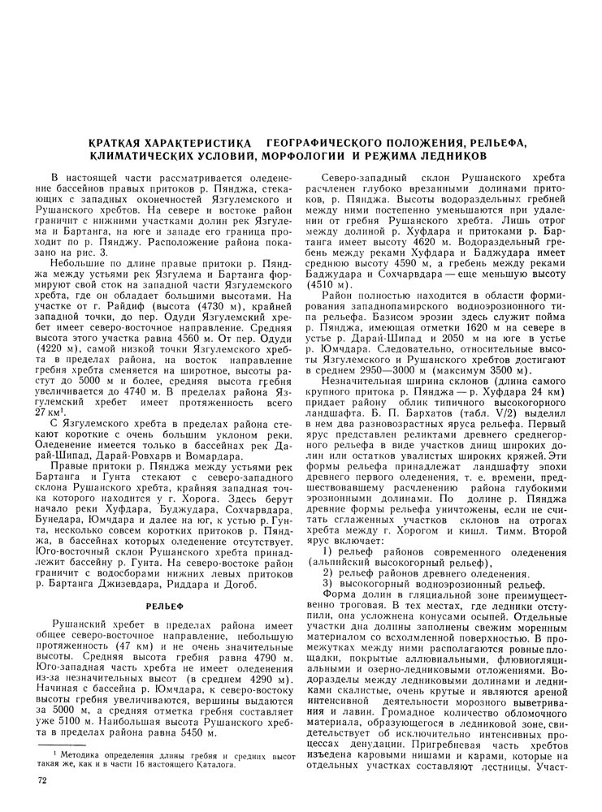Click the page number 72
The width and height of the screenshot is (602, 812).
(x=43, y=781)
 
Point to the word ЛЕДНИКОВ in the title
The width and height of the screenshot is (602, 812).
(x=453, y=154)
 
